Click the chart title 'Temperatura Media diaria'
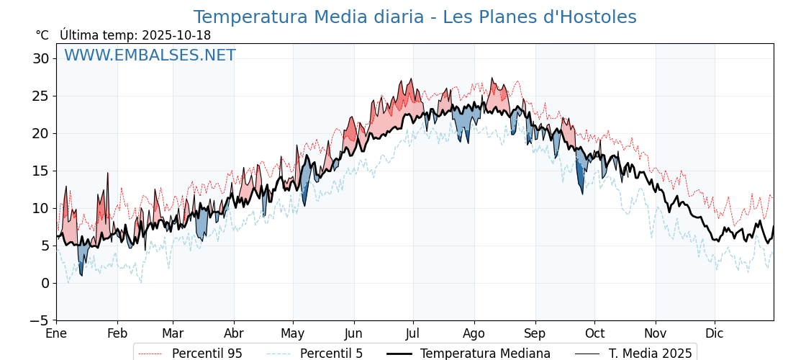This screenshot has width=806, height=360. [308, 17]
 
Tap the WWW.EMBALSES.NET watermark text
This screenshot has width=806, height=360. [150, 55]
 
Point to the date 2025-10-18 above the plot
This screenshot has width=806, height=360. [176, 35]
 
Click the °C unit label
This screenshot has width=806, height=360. [42, 35]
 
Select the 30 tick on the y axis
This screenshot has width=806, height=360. [40, 58]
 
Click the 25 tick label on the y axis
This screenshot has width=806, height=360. [40, 96]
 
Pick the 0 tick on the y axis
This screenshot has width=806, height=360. [45, 283]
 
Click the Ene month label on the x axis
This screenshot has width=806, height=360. [56, 333]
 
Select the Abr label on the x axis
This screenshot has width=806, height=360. [234, 333]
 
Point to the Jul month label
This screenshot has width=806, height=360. [413, 333]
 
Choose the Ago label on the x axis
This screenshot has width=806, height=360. [474, 333]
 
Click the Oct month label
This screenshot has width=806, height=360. [594, 333]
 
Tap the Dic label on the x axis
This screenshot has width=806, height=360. [715, 333]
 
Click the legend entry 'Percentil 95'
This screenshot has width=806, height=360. [207, 354]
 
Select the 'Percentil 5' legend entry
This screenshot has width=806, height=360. [331, 354]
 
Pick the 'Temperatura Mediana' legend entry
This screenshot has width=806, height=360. [485, 354]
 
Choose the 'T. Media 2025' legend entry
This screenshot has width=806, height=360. [650, 354]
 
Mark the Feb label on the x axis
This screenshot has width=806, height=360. [117, 333]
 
